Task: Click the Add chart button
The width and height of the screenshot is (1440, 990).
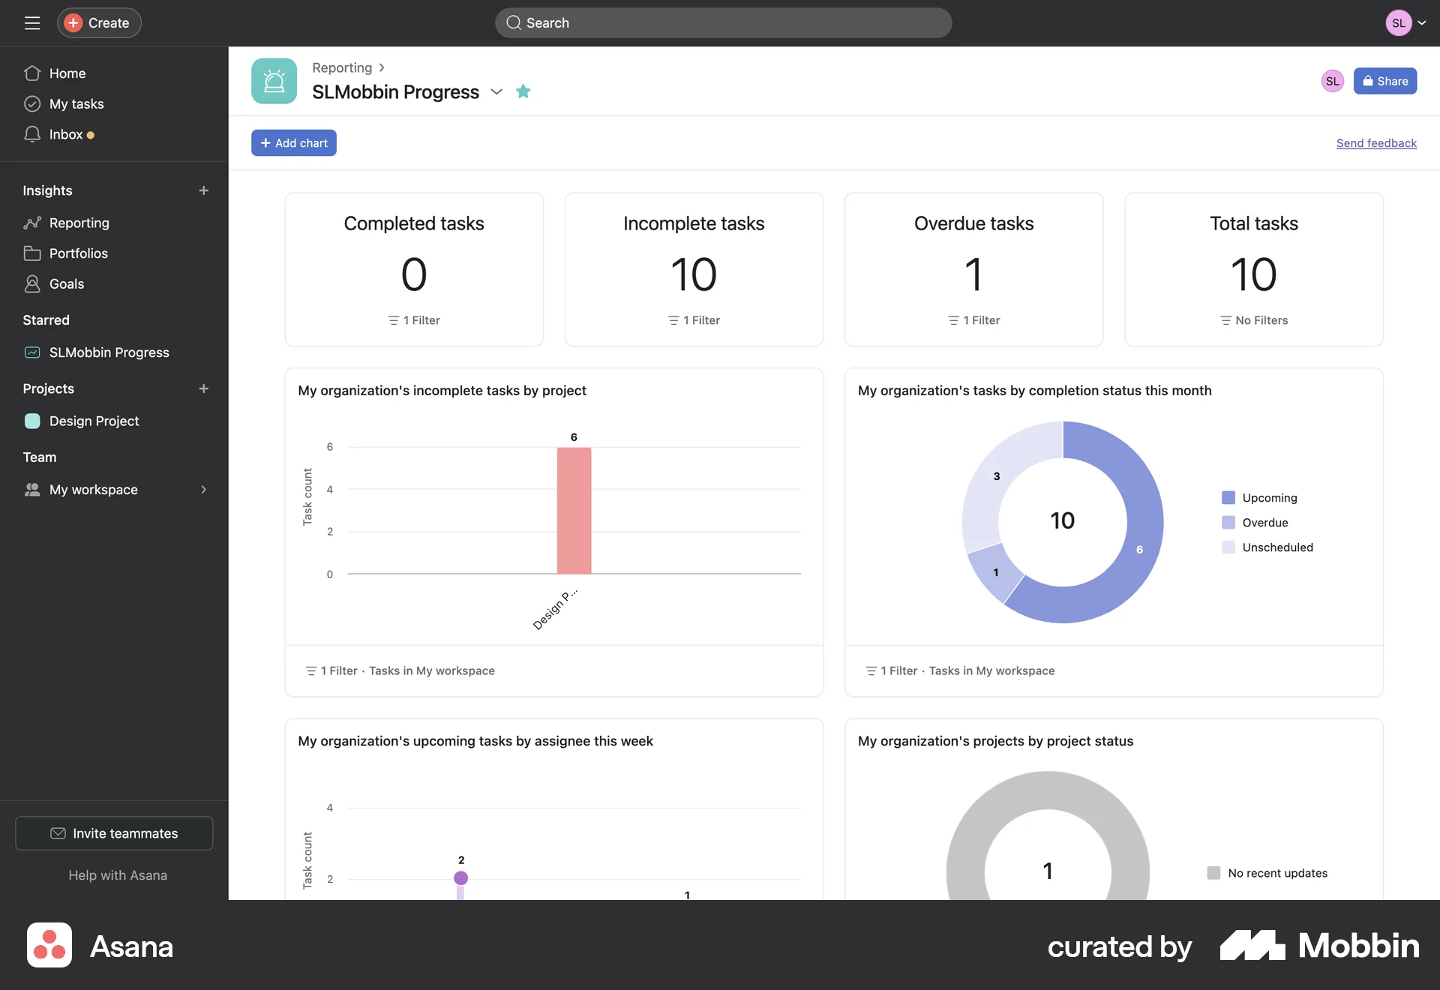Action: pos(293,143)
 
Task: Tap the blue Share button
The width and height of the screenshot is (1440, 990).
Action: pos(1384,81)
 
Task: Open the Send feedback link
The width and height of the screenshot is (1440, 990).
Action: pos(1376,143)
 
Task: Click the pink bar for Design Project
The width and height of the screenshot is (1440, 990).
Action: pos(574,510)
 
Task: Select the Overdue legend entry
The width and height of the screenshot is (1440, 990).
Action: pos(1264,523)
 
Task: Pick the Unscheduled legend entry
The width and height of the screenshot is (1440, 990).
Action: pos(1277,547)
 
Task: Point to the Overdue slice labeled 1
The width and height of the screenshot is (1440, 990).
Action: pos(995,574)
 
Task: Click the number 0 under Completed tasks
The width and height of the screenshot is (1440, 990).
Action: pos(414,274)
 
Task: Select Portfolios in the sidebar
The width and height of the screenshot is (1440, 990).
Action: pos(78,253)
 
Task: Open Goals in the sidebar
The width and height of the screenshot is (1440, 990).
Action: pos(67,284)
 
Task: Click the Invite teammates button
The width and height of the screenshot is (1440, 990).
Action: pos(114,833)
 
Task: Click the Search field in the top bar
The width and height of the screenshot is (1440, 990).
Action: pos(723,23)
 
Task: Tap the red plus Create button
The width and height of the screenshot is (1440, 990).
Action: pos(99,23)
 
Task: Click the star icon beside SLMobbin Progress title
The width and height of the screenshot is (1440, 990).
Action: pos(523,91)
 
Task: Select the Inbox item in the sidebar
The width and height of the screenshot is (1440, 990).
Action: pos(66,135)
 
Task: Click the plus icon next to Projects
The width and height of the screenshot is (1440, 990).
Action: pos(203,388)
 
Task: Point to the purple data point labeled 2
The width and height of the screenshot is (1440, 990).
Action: pos(460,877)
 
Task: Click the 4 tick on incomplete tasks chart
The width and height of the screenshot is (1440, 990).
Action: pos(330,490)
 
